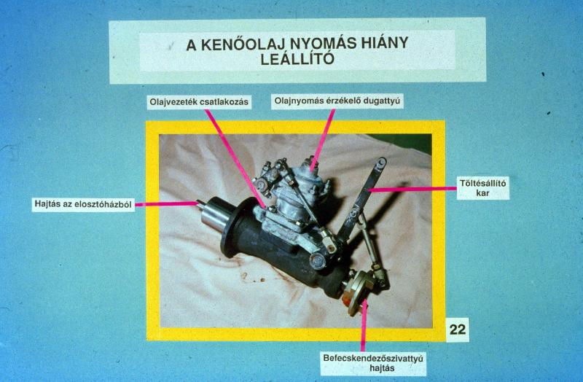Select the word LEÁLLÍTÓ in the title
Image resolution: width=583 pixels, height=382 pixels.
[x=297, y=58]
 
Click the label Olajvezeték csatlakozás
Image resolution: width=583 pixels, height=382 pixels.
[x=199, y=102]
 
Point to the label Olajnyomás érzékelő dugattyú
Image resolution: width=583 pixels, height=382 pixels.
[x=337, y=101]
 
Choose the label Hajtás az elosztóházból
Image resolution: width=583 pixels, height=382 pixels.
[x=83, y=204]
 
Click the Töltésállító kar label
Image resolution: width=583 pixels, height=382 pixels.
[x=482, y=188]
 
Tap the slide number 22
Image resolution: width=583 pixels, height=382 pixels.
[x=458, y=330]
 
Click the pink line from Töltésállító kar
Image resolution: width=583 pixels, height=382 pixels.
[x=412, y=190]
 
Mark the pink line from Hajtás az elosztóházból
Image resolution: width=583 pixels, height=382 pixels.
[x=166, y=204]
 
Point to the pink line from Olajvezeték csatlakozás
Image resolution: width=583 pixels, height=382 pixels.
[x=235, y=158]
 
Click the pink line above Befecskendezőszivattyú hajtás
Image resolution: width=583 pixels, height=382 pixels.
[x=363, y=326]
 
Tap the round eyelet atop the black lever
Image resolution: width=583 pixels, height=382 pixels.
[x=380, y=162]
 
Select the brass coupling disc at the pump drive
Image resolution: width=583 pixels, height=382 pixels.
[x=358, y=292]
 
